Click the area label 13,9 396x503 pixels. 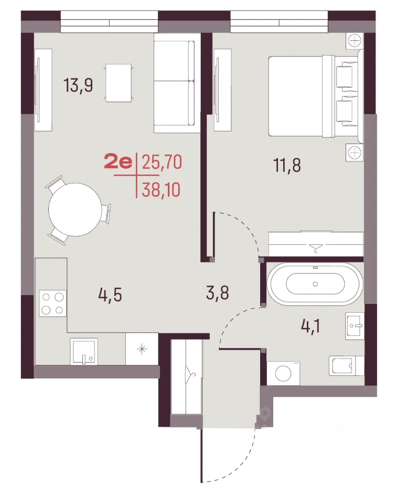(78, 85)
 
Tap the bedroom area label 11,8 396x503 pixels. (287, 166)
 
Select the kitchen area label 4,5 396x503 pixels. (110, 295)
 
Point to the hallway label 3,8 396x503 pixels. (218, 293)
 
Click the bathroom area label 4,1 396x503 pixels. (311, 326)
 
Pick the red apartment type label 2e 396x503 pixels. (118, 162)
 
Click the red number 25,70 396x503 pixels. (162, 162)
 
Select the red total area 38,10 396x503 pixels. (161, 190)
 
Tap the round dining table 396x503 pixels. (75, 210)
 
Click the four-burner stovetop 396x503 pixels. (52, 303)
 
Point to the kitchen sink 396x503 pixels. (84, 351)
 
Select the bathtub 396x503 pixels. (315, 284)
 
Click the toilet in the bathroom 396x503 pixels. (346, 366)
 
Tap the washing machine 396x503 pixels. (283, 373)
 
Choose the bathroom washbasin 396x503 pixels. (355, 326)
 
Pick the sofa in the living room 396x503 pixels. (174, 83)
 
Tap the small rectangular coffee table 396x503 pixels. (119, 83)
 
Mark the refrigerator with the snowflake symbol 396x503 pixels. (142, 349)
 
